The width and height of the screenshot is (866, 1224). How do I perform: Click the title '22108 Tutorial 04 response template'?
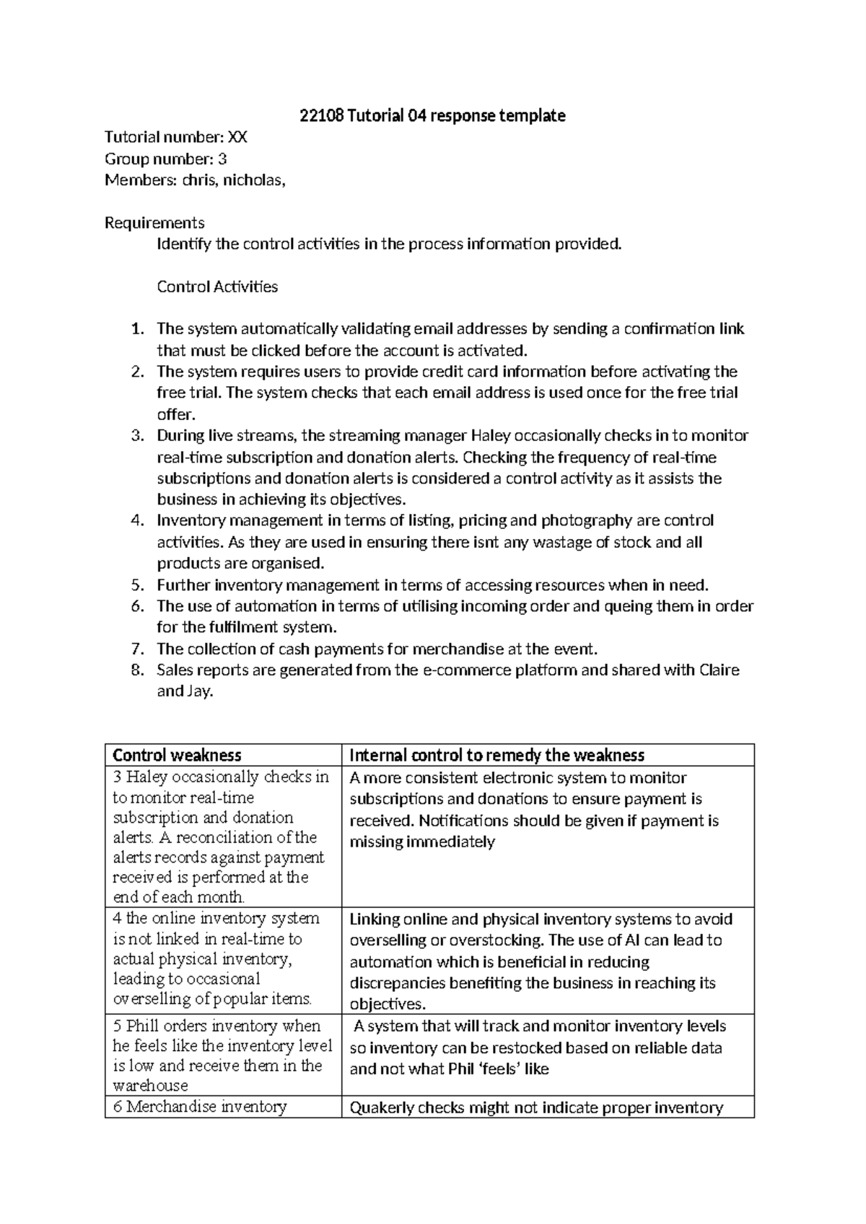432,115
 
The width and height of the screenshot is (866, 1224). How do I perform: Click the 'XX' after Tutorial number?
237,137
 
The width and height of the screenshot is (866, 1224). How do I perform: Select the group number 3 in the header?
222,159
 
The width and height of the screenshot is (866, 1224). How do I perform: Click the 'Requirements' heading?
154,222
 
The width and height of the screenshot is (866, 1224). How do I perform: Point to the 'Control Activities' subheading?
217,287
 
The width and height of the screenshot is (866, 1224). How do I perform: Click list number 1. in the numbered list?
137,329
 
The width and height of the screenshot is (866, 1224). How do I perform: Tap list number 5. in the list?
137,585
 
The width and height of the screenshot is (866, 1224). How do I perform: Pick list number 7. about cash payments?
137,649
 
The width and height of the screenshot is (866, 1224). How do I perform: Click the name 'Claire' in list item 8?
720,670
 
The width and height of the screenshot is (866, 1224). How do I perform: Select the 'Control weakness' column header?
177,755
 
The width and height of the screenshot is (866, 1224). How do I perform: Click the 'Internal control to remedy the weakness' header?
497,755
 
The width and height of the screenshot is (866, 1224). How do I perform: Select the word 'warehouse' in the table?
150,1085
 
